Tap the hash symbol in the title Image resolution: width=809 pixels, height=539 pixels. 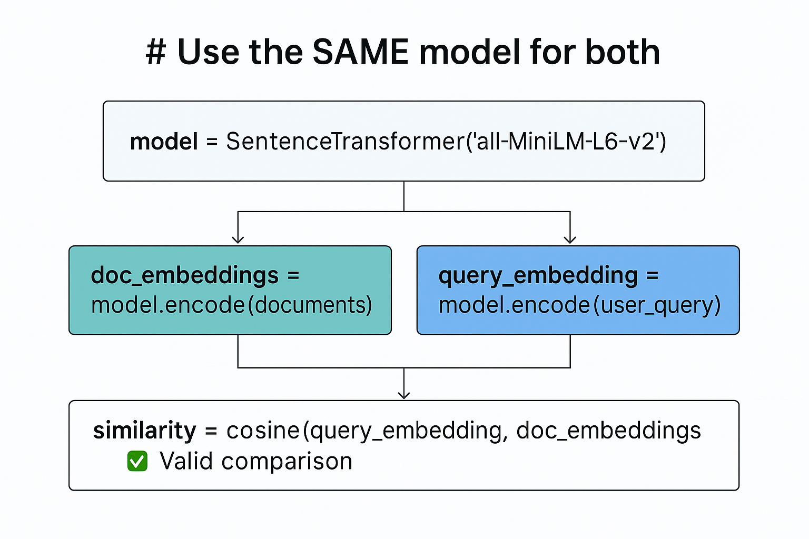pyautogui.click(x=156, y=53)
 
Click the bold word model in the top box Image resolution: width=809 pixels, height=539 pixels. pyautogui.click(x=164, y=142)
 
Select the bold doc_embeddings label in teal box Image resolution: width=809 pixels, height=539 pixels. pyautogui.click(x=184, y=275)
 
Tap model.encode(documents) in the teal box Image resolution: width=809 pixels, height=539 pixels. pyautogui.click(x=232, y=305)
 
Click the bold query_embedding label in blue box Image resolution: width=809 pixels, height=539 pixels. pyautogui.click(x=538, y=275)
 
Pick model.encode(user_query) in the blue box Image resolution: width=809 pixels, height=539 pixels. pyautogui.click(x=579, y=305)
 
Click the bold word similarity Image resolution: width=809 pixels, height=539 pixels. pyautogui.click(x=144, y=431)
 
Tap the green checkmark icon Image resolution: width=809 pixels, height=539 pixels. pyautogui.click(x=137, y=461)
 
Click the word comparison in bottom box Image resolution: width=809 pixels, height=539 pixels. pyautogui.click(x=287, y=461)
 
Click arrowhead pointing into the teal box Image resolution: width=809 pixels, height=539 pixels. pyautogui.click(x=238, y=239)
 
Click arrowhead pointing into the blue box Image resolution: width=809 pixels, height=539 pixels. pyautogui.click(x=570, y=239)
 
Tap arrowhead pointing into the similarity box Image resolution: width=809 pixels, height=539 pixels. pyautogui.click(x=404, y=394)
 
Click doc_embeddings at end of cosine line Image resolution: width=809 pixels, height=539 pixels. pyautogui.click(x=608, y=431)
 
